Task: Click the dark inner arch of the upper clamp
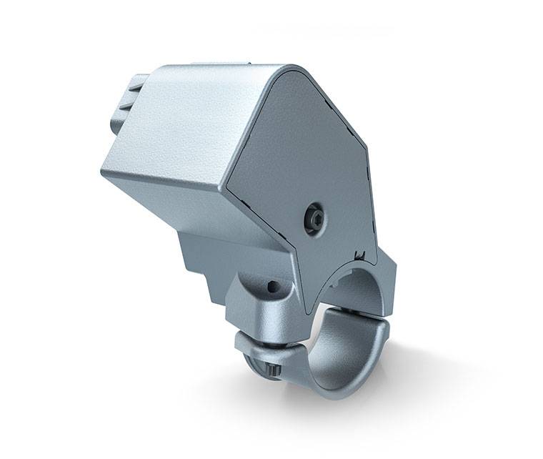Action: pyautogui.click(x=357, y=286)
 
